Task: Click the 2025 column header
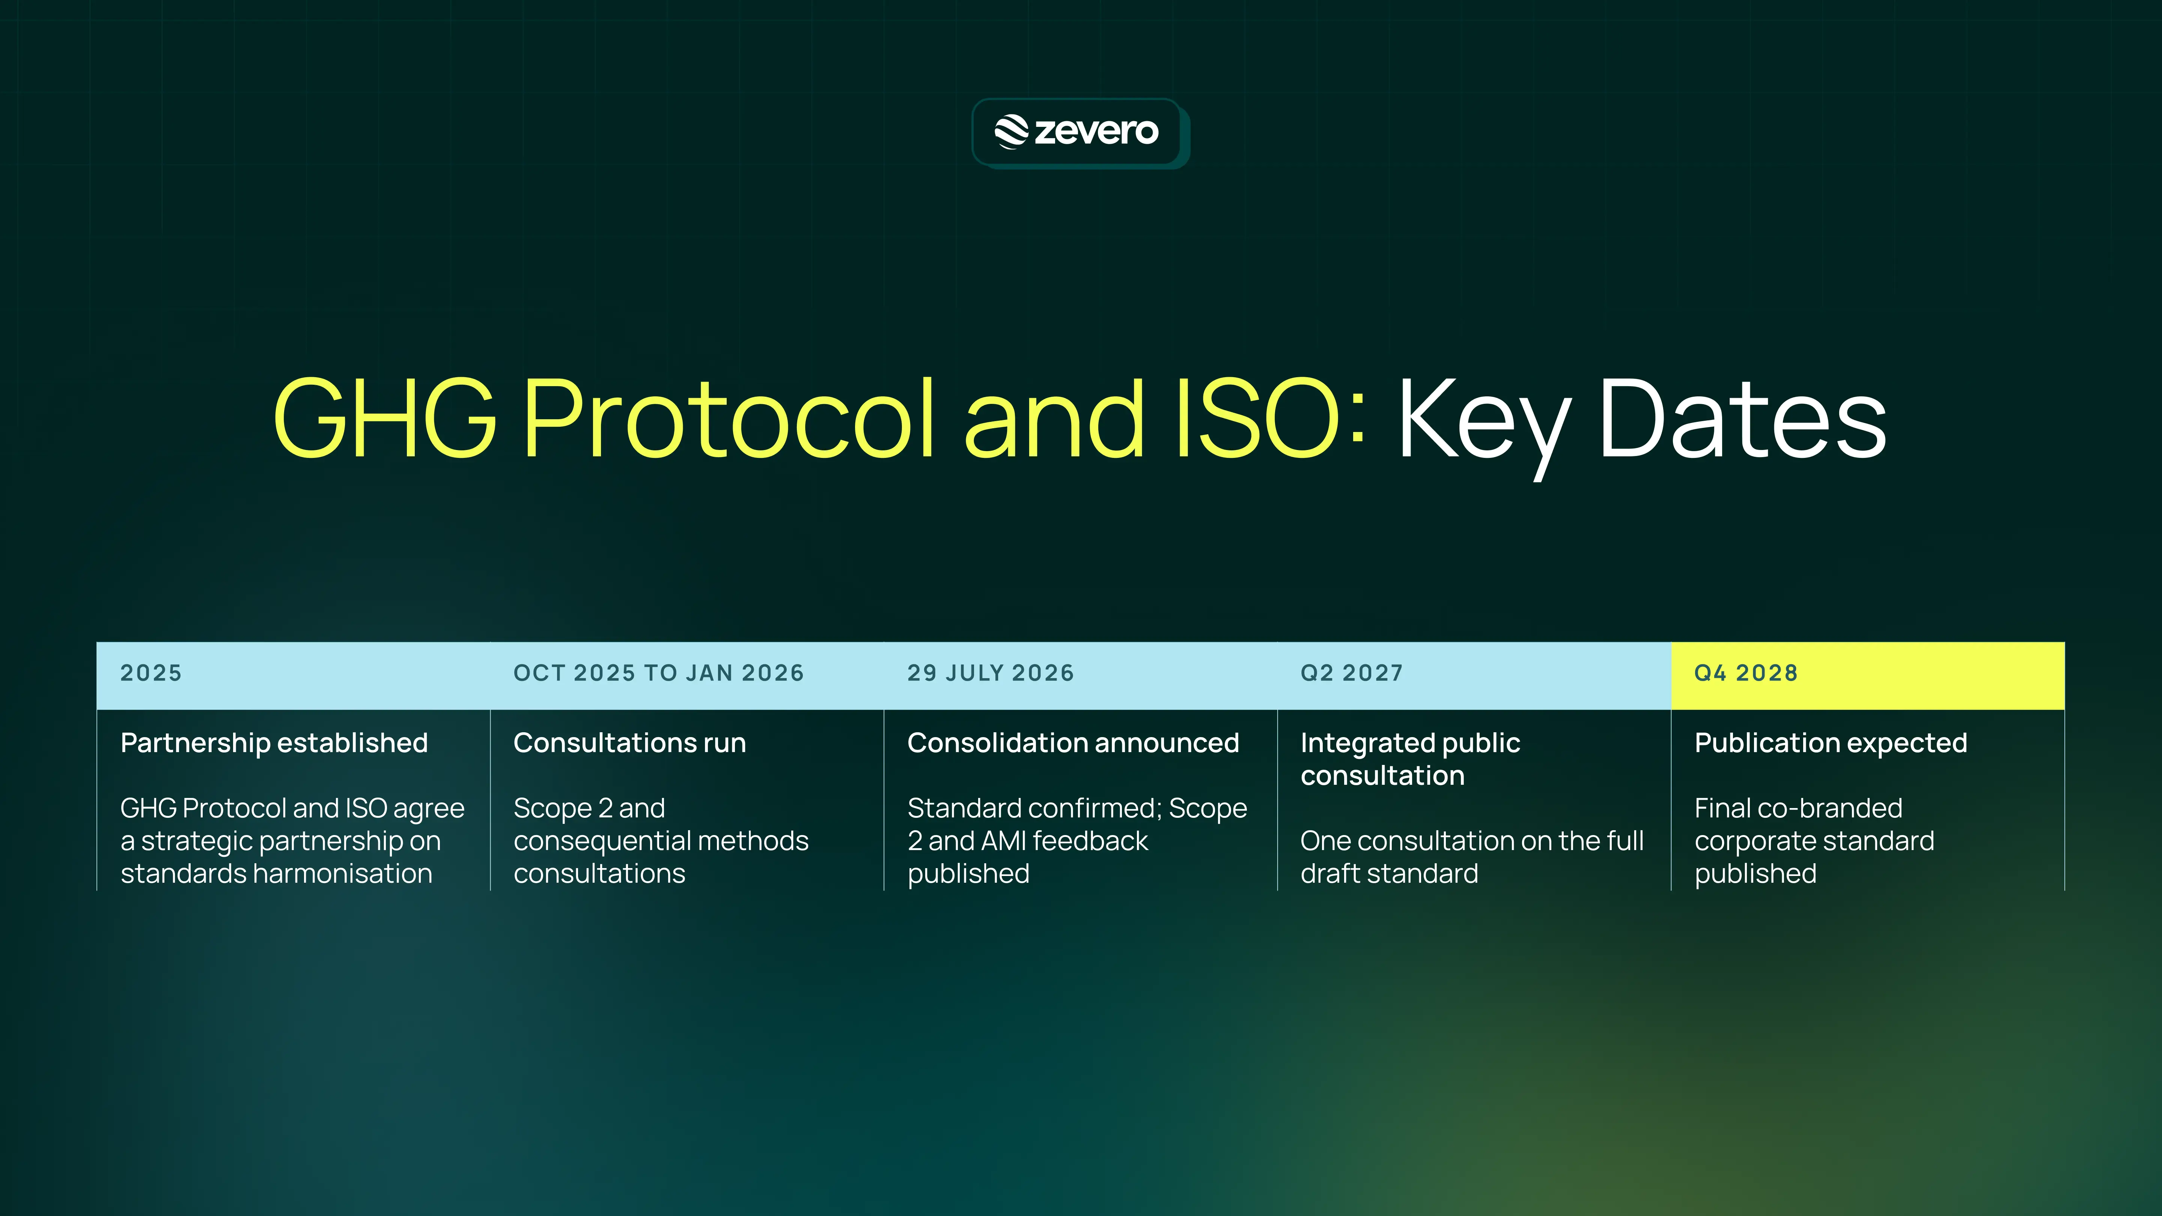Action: (151, 673)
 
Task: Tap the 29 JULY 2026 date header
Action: (991, 673)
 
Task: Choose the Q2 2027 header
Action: (1351, 673)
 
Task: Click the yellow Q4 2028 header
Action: (1746, 673)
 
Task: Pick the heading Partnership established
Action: (274, 743)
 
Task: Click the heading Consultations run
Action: (629, 743)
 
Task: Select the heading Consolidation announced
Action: (1073, 743)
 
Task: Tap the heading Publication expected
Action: (1831, 743)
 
